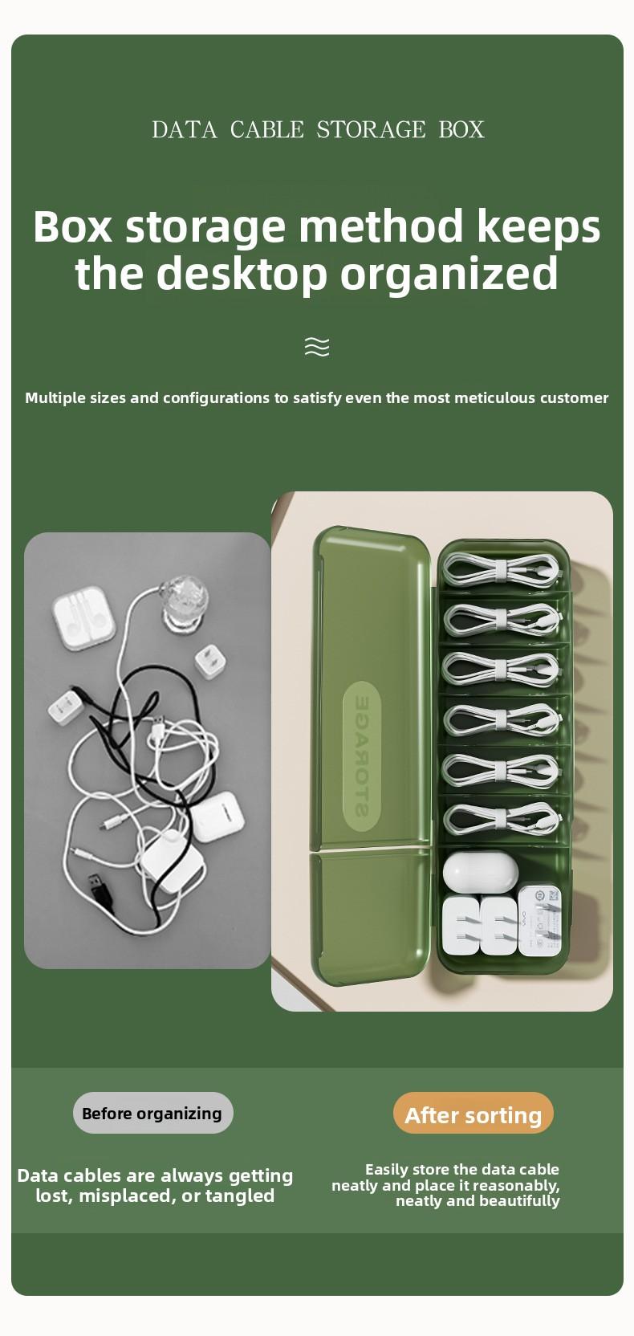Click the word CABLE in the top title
pos(266,129)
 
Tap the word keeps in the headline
pos(538,226)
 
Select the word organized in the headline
pos(449,274)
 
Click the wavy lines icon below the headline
pos(317,347)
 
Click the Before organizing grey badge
pos(152,1114)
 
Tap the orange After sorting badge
pos(473,1114)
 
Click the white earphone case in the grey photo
pos(83,620)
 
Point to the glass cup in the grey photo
pos(184,602)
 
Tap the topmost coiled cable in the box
pos(502,569)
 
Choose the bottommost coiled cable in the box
pos(502,820)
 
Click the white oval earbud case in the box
pos(480,871)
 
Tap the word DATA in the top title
pos(184,129)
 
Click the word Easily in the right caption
pos(387,1170)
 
